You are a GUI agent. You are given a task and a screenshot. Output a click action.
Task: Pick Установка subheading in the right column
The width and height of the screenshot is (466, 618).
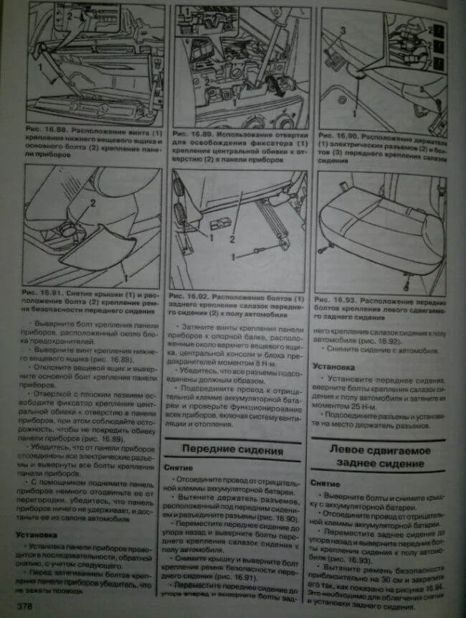[x=334, y=365]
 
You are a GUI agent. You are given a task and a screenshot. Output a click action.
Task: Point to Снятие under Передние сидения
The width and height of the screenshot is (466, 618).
[x=177, y=467]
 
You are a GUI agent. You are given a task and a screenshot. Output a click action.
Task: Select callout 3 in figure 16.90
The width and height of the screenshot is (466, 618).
[x=343, y=30]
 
